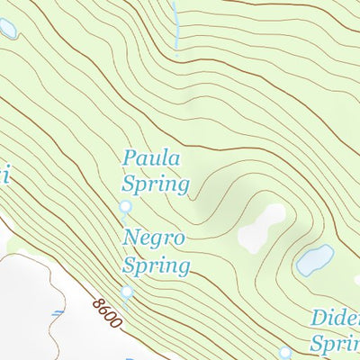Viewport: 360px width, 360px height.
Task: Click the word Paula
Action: point(151,160)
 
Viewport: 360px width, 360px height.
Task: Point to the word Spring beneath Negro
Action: point(157,266)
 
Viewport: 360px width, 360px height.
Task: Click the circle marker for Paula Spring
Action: point(125,208)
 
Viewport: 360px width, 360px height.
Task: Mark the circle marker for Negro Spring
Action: point(127,292)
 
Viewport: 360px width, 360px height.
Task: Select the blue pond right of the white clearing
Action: point(315,260)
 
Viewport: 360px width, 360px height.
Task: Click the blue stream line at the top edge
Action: point(176,22)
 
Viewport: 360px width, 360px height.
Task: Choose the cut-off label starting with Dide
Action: point(335,319)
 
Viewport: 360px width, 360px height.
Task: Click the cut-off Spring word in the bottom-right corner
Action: point(335,345)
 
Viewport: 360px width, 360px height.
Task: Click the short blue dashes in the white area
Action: point(56,315)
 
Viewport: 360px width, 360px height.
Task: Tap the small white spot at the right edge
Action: point(356,280)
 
